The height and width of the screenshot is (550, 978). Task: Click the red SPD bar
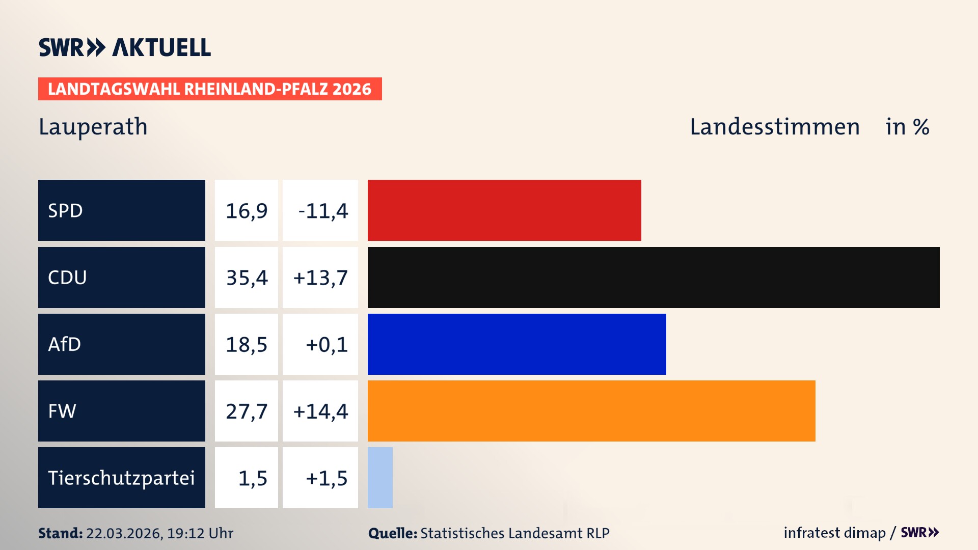tap(504, 210)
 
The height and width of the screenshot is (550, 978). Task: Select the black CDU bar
tap(654, 278)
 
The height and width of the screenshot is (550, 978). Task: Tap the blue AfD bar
tap(517, 344)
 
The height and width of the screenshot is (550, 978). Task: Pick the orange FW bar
tap(591, 411)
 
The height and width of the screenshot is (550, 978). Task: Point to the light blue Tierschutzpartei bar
tap(380, 478)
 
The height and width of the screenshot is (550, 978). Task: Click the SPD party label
tap(65, 210)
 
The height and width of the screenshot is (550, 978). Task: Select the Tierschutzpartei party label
tap(121, 478)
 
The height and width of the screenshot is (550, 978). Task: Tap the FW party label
tap(62, 411)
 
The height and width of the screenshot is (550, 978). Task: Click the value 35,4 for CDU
tap(247, 278)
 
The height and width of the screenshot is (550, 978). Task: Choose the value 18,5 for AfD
tap(247, 344)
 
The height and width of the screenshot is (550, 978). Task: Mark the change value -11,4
tap(323, 210)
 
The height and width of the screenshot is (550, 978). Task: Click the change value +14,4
tap(320, 411)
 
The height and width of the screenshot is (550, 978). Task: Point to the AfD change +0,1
tap(327, 344)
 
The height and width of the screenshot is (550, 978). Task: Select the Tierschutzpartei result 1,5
tap(253, 478)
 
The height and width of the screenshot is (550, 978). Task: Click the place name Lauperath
tap(93, 127)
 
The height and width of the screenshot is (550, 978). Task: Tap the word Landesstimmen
tap(774, 127)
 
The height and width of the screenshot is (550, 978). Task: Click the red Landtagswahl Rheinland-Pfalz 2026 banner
tap(210, 89)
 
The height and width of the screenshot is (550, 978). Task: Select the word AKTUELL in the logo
tap(161, 48)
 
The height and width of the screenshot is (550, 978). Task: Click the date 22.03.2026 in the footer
tap(124, 533)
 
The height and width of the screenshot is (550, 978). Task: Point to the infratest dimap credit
tap(834, 533)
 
